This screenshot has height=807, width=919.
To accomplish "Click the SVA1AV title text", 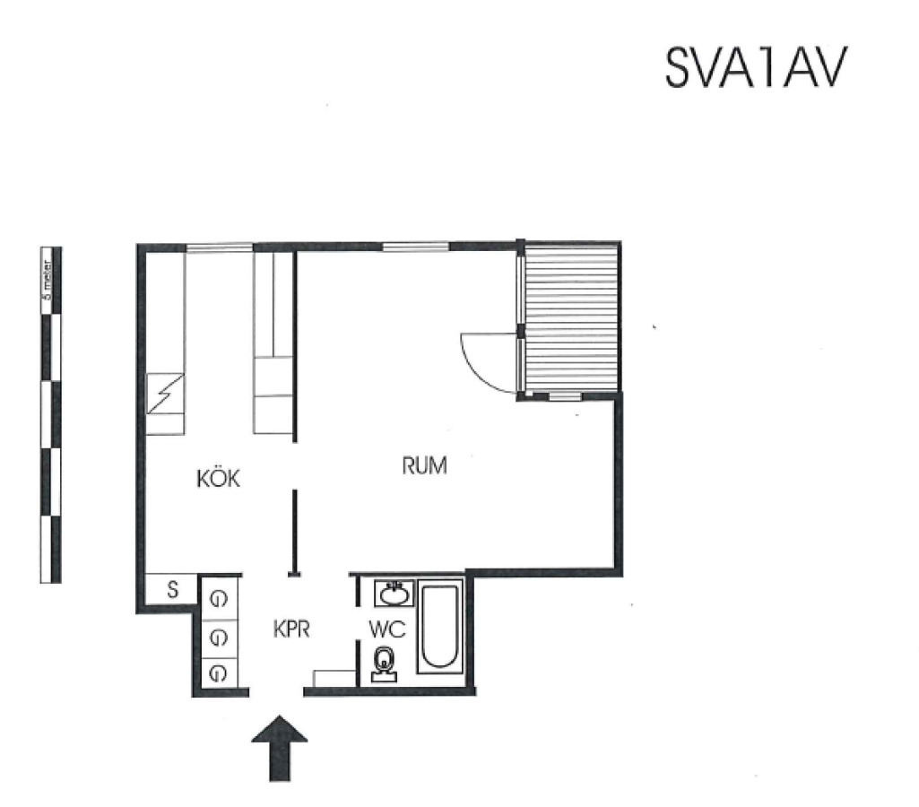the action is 756,67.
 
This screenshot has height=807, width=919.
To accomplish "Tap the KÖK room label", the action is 218,478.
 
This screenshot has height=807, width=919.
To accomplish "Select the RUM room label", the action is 424,465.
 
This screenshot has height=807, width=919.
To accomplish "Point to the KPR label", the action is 291,629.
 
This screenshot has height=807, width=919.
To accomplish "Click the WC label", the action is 387,629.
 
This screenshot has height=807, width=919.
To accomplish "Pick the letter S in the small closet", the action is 172,589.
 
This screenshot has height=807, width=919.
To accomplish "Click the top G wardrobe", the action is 218,599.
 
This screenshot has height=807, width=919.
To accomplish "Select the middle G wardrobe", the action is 218,638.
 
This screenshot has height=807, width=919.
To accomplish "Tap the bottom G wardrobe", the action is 218,672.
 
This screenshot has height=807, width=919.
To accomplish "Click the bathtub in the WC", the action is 439,626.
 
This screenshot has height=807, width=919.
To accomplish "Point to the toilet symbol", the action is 384,664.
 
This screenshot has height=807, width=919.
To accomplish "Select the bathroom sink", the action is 394,594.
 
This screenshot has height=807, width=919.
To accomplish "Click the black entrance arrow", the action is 280,749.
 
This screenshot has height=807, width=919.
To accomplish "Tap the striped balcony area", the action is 572,317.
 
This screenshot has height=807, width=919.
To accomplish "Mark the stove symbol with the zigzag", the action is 165,394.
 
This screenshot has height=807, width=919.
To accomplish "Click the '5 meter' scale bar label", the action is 47,281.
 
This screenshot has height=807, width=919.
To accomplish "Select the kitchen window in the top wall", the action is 220,248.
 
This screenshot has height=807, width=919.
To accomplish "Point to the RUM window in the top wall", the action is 415,247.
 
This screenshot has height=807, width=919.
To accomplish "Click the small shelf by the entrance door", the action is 334,678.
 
